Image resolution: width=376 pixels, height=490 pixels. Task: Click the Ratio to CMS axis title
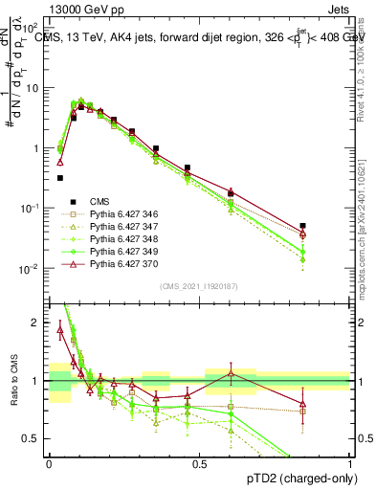(12, 381)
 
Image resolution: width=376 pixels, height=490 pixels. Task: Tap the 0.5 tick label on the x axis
(200, 463)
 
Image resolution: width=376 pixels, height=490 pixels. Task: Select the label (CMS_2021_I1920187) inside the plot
(200, 286)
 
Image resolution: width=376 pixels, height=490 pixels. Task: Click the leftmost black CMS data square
(60, 177)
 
